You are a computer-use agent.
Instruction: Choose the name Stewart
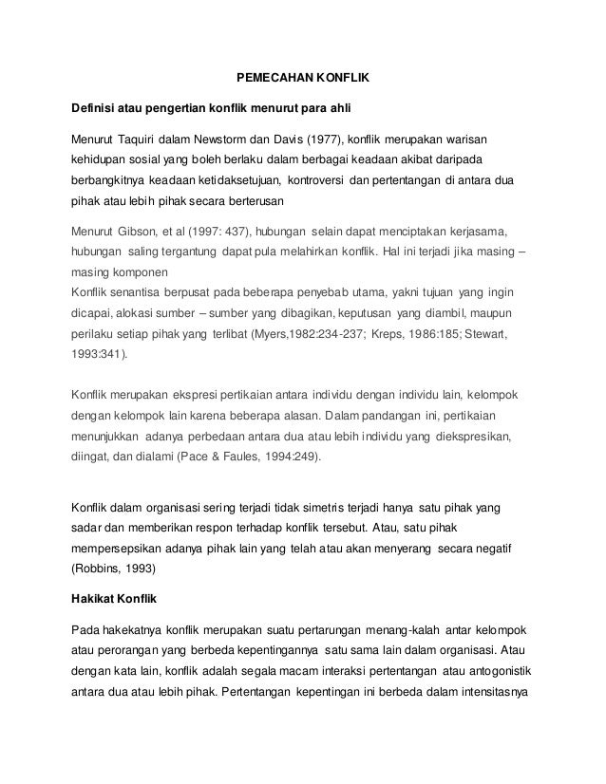(x=510, y=334)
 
